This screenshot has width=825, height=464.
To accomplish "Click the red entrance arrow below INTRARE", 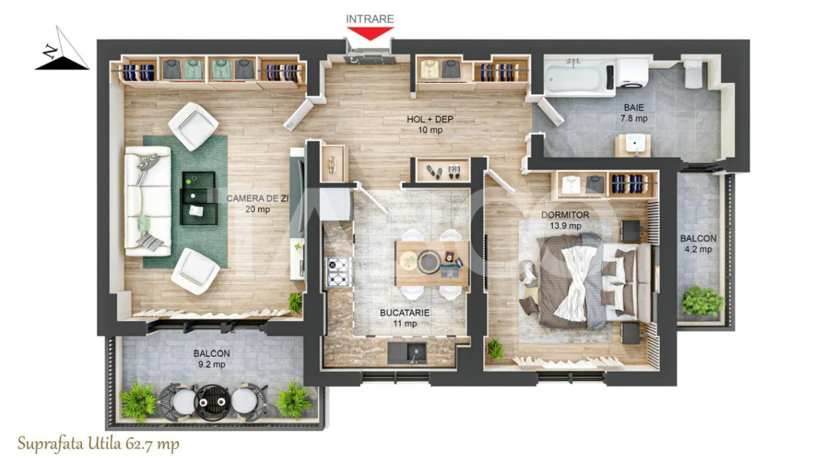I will tap(370, 33).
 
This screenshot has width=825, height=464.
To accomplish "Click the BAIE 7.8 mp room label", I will tap(634, 113).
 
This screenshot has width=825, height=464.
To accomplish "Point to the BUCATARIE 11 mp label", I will tap(405, 318).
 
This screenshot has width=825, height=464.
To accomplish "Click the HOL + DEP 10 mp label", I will tap(430, 124).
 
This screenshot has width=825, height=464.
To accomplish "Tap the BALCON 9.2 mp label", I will tap(211, 358).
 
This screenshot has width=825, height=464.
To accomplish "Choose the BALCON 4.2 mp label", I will tap(698, 243).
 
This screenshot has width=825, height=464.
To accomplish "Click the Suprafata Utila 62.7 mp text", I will tap(98, 444).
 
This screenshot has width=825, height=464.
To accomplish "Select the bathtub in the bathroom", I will tap(579, 78).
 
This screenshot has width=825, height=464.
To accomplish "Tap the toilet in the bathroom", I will tap(692, 74).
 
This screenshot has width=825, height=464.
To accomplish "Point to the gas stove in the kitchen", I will tap(339, 272).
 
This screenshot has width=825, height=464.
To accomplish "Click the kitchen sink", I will tap(410, 353).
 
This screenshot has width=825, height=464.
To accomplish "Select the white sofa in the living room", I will tap(146, 204).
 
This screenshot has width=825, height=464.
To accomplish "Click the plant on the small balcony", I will tap(702, 301).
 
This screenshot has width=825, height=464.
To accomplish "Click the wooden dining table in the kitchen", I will tap(432, 262).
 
